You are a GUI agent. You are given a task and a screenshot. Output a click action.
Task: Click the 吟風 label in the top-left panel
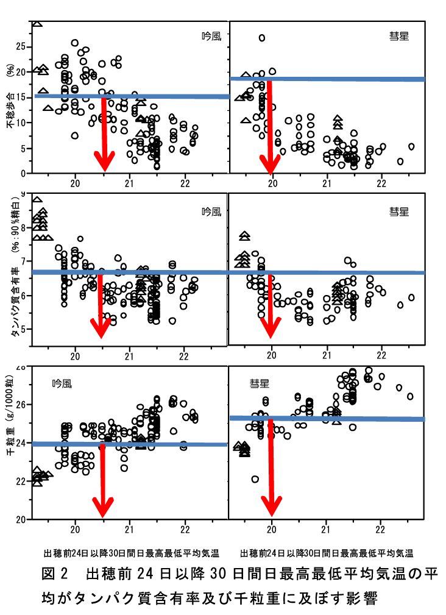coord(212,36)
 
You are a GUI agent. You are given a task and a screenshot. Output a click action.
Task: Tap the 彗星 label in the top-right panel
coord(399,36)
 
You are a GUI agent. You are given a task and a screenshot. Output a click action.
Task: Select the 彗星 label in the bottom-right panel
coord(259,383)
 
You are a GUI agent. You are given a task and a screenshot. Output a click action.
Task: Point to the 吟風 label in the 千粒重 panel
coord(62,383)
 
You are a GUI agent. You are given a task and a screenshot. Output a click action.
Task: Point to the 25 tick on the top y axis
coord(21,46)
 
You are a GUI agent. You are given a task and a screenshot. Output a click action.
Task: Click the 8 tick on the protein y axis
coord(24,228)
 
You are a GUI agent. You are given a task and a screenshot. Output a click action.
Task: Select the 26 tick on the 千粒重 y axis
coord(21,405)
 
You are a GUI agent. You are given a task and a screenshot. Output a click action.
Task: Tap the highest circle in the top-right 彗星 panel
coord(262,38)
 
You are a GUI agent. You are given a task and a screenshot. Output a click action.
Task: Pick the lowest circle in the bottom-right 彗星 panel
coord(255,479)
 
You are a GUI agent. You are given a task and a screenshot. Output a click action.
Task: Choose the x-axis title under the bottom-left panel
coord(132,553)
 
